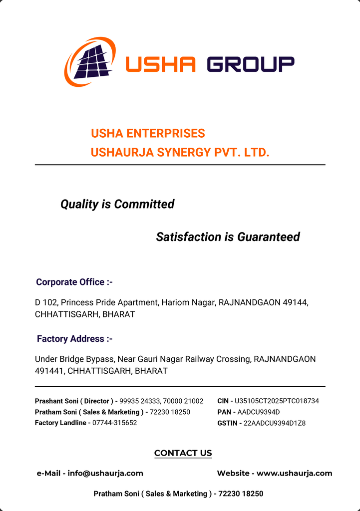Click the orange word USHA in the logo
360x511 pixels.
[160, 64]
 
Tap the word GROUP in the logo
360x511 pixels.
[250, 64]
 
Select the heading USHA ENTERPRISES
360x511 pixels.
[148, 134]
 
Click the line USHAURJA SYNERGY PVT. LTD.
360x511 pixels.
[180, 152]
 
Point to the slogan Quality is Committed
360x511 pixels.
[117, 204]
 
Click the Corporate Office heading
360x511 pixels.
[74, 282]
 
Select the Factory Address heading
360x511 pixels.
[74, 339]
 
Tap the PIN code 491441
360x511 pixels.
[49, 371]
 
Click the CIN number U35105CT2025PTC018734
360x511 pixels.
[277, 401]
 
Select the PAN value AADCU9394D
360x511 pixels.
[259, 412]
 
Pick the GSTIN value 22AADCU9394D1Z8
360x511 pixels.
[274, 423]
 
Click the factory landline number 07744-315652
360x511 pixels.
[114, 423]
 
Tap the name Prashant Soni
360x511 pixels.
[55, 401]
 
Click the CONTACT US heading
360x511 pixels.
[183, 453]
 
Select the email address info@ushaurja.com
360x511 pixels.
[105, 474]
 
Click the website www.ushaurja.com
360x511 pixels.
[294, 474]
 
